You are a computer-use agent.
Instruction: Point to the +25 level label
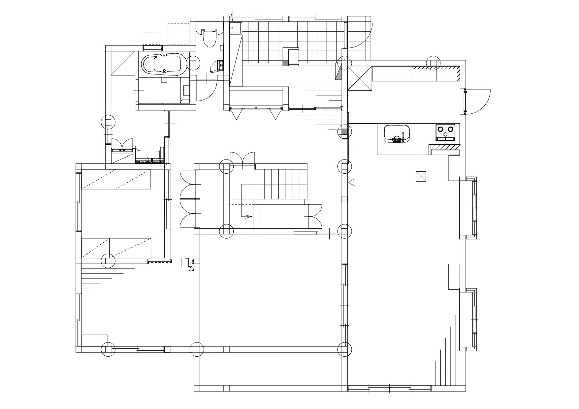click(x=190, y=269)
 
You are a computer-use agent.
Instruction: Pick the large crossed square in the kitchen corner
click(x=360, y=78)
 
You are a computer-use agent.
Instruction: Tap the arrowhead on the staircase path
click(x=248, y=217)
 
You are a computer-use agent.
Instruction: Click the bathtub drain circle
click(x=165, y=71)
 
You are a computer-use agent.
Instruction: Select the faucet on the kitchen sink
click(x=403, y=137)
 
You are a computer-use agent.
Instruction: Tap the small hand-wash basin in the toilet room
click(x=220, y=66)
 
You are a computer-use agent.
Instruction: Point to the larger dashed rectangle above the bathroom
click(x=178, y=34)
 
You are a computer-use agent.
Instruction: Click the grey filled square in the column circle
click(x=344, y=132)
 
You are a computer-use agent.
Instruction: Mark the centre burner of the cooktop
click(x=446, y=134)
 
